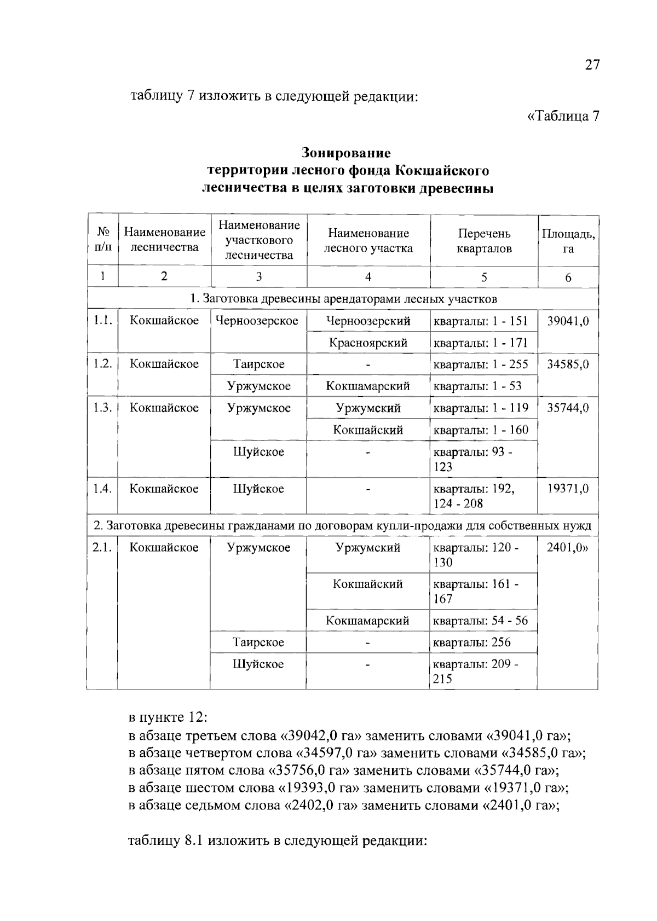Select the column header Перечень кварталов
(484, 241)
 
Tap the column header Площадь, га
(568, 241)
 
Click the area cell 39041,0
(568, 321)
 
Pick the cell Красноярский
(368, 343)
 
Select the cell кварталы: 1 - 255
(481, 364)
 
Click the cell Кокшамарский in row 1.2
(368, 386)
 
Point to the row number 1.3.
(102, 408)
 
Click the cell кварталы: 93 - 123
(473, 459)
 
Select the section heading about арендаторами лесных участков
(343, 299)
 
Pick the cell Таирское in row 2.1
(258, 642)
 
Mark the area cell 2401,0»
(568, 548)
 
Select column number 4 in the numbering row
(368, 277)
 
